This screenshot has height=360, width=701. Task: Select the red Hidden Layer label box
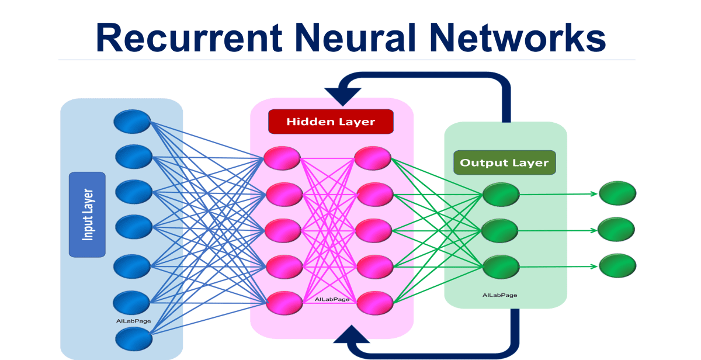[331, 122]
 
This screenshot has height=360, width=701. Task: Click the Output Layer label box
[504, 162]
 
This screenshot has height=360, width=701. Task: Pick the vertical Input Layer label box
[87, 214]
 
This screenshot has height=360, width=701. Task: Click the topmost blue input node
[133, 121]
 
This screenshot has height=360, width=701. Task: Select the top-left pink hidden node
[282, 158]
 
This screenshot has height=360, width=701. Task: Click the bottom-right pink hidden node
[374, 302]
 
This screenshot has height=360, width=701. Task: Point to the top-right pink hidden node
[373, 158]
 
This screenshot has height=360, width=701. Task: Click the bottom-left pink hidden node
[284, 302]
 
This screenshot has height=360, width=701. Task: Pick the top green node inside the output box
[501, 195]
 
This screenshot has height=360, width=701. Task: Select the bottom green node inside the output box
[501, 266]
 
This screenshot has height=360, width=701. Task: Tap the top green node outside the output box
[617, 193]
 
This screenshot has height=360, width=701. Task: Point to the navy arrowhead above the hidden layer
[342, 95]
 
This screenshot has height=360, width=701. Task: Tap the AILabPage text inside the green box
[499, 295]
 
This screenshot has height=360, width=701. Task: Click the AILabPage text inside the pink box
[332, 299]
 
